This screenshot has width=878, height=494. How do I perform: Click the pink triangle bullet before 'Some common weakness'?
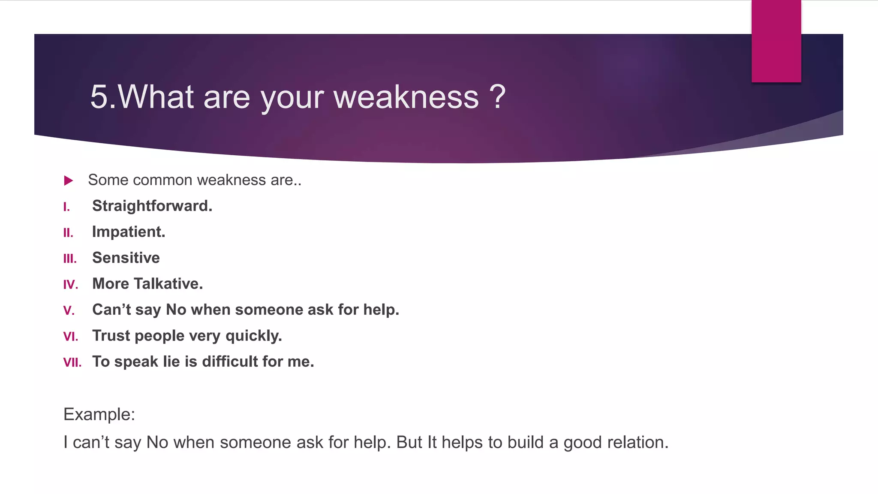tap(68, 181)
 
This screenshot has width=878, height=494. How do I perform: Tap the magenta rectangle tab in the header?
tap(776, 41)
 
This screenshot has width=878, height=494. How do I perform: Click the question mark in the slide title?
tap(498, 97)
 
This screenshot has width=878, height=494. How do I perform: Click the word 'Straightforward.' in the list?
tap(152, 206)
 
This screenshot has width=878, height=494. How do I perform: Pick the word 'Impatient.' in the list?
tap(129, 232)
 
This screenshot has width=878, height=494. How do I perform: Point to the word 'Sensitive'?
tap(126, 258)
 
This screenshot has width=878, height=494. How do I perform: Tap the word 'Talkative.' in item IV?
tap(168, 284)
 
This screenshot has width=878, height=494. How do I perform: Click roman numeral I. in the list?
tap(66, 207)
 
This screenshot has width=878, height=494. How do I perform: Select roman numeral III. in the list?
tap(70, 259)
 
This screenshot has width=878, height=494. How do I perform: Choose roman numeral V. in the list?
tap(69, 310)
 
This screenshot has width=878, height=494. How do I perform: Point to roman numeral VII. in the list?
tap(72, 363)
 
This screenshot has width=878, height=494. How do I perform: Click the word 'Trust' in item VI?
tap(111, 336)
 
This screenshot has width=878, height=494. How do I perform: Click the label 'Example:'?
tap(99, 415)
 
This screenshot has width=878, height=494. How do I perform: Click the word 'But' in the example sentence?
tap(409, 443)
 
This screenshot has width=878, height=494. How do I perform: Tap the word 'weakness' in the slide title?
tap(406, 97)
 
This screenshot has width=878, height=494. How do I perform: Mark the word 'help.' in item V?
tap(381, 310)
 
